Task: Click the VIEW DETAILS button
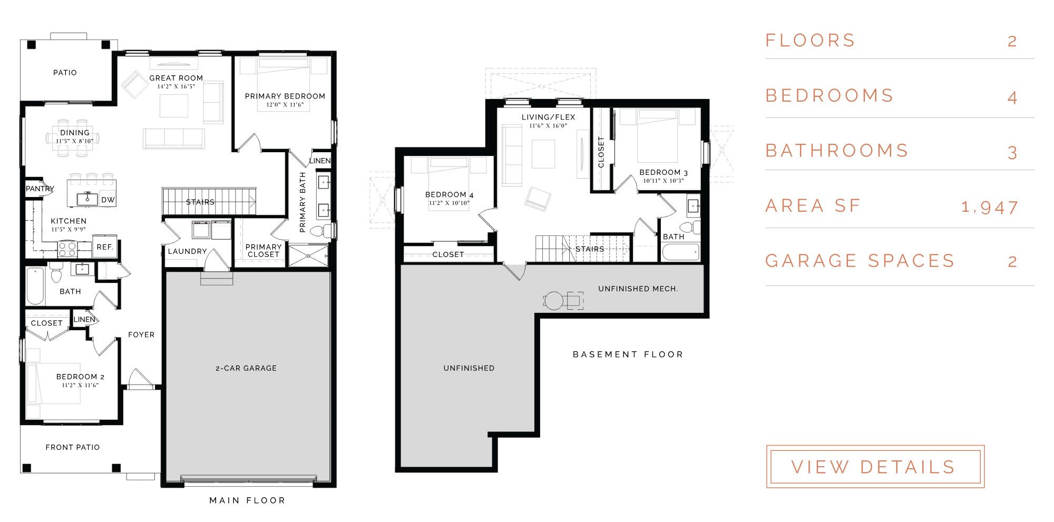pyautogui.click(x=875, y=467)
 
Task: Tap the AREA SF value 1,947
pyautogui.click(x=990, y=207)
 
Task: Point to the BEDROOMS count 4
pyautogui.click(x=1012, y=97)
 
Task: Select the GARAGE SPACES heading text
pyautogui.click(x=860, y=261)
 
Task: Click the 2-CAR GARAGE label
pyautogui.click(x=246, y=368)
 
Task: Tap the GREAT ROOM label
pyautogui.click(x=176, y=78)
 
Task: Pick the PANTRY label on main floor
pyautogui.click(x=40, y=189)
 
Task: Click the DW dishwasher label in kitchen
pyautogui.click(x=108, y=200)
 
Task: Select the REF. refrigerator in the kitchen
pyautogui.click(x=105, y=247)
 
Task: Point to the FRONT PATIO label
pyautogui.click(x=73, y=447)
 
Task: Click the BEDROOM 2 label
pyautogui.click(x=80, y=377)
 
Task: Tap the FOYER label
pyautogui.click(x=141, y=334)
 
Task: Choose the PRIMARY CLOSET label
pyautogui.click(x=263, y=250)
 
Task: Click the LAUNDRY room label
pyautogui.click(x=188, y=251)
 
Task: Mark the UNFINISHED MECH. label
pyautogui.click(x=638, y=289)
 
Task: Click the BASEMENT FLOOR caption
pyautogui.click(x=628, y=354)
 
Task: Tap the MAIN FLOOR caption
pyautogui.click(x=247, y=500)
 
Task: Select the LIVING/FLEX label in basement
pyautogui.click(x=549, y=117)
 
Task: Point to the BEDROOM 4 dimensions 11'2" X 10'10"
pyautogui.click(x=449, y=203)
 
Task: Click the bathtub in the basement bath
pyautogui.click(x=681, y=252)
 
